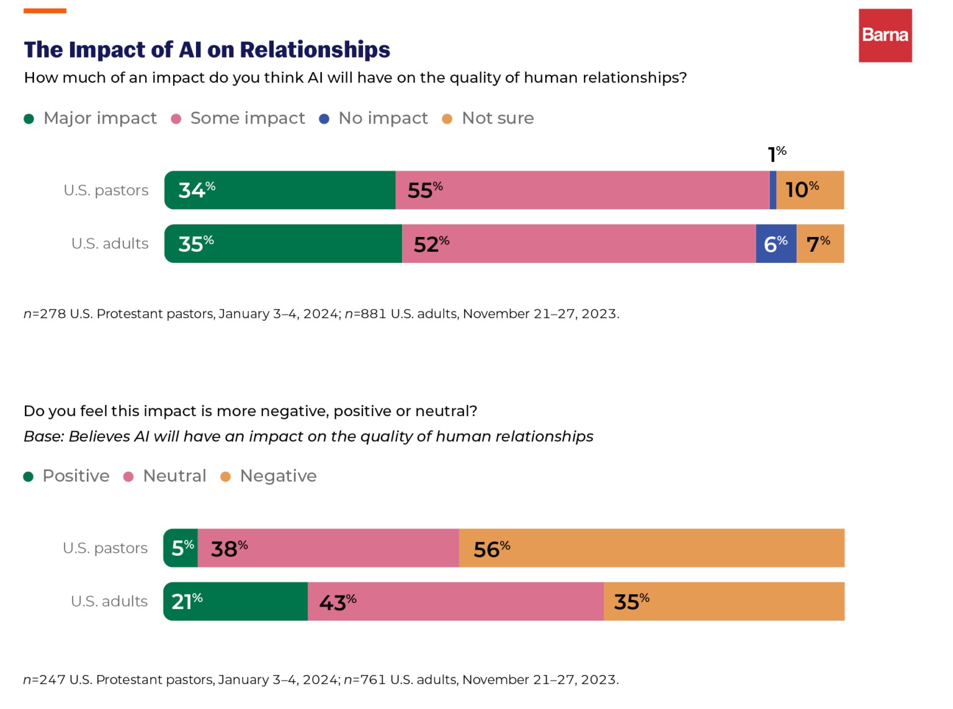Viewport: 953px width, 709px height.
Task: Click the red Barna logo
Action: click(885, 35)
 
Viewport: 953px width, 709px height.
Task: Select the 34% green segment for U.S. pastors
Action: click(280, 190)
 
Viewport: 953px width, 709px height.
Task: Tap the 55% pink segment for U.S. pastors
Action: click(582, 190)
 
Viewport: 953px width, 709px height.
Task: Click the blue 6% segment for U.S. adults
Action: click(776, 244)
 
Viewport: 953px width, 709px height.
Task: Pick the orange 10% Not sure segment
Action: click(810, 190)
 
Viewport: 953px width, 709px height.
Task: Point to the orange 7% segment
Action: click(820, 244)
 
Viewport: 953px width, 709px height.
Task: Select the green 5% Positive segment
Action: click(181, 548)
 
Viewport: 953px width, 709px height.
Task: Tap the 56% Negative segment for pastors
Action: click(651, 548)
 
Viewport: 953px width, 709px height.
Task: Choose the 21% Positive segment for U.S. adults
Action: click(236, 601)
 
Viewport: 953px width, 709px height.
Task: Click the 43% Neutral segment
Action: click(455, 601)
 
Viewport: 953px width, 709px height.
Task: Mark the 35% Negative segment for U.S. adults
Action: click(723, 601)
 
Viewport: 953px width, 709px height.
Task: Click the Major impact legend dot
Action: click(29, 119)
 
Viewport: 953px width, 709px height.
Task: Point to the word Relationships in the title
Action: click(315, 50)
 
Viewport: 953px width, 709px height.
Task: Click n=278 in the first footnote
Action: click(45, 314)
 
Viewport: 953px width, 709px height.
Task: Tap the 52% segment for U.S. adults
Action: click(578, 244)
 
